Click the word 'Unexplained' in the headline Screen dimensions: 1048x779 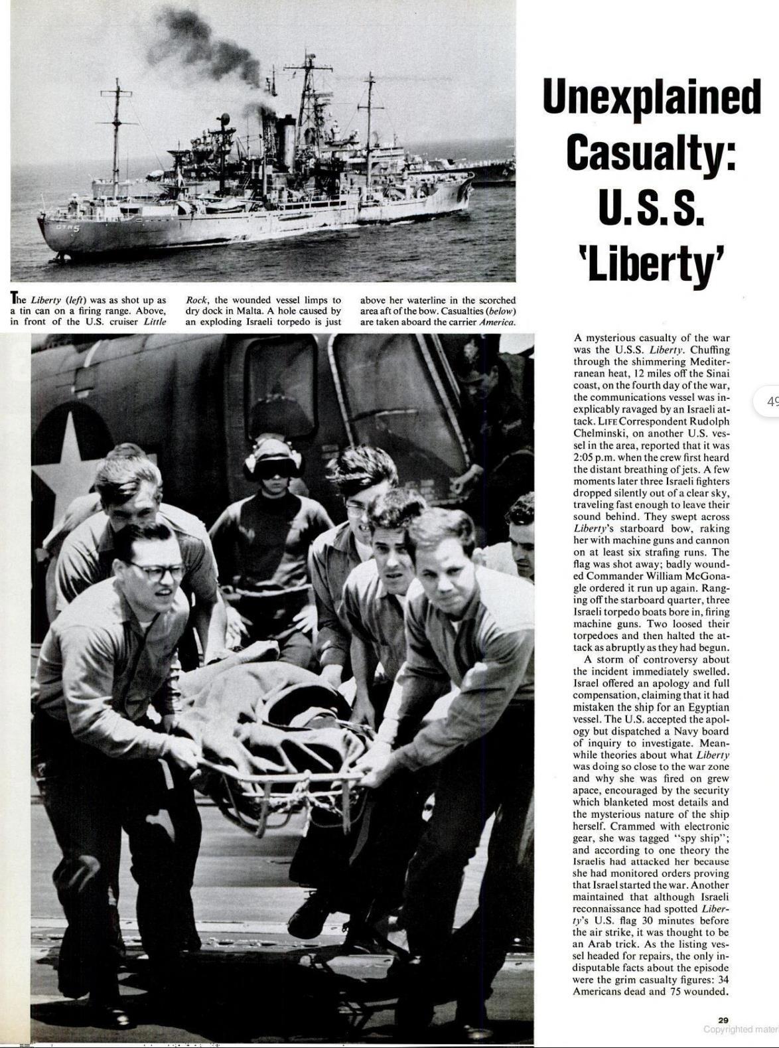pos(651,98)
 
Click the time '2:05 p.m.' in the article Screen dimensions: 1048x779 pos(595,457)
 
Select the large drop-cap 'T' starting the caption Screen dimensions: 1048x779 pos(15,300)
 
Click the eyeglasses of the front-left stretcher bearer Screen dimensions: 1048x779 pos(158,570)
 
